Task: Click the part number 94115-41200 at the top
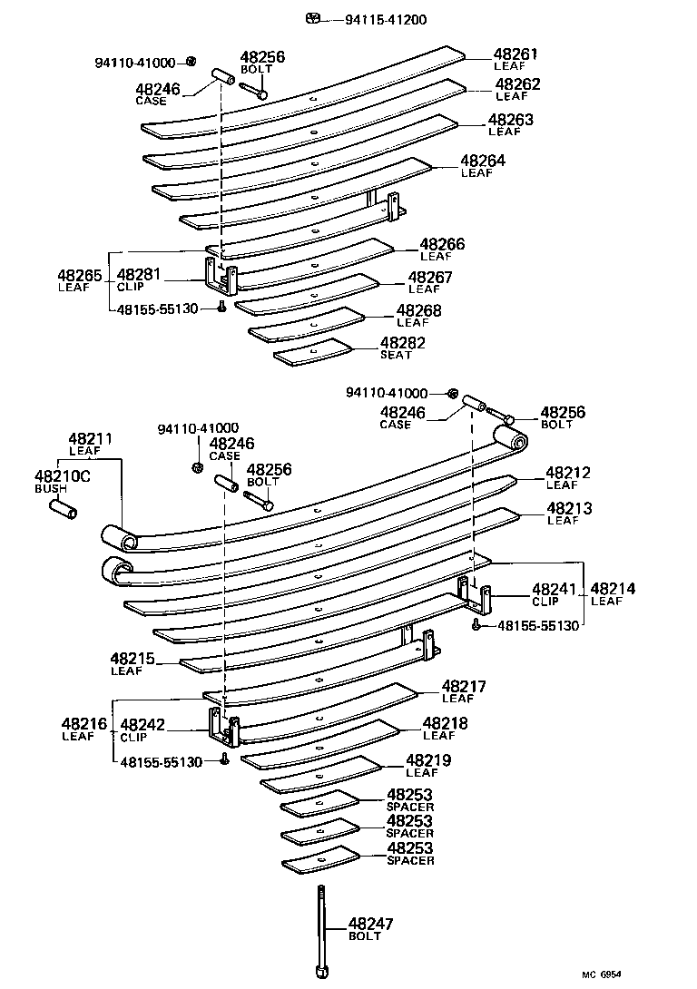(386, 19)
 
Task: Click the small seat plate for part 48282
(312, 352)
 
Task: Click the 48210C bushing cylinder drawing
(62, 509)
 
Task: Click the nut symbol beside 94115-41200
(313, 18)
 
